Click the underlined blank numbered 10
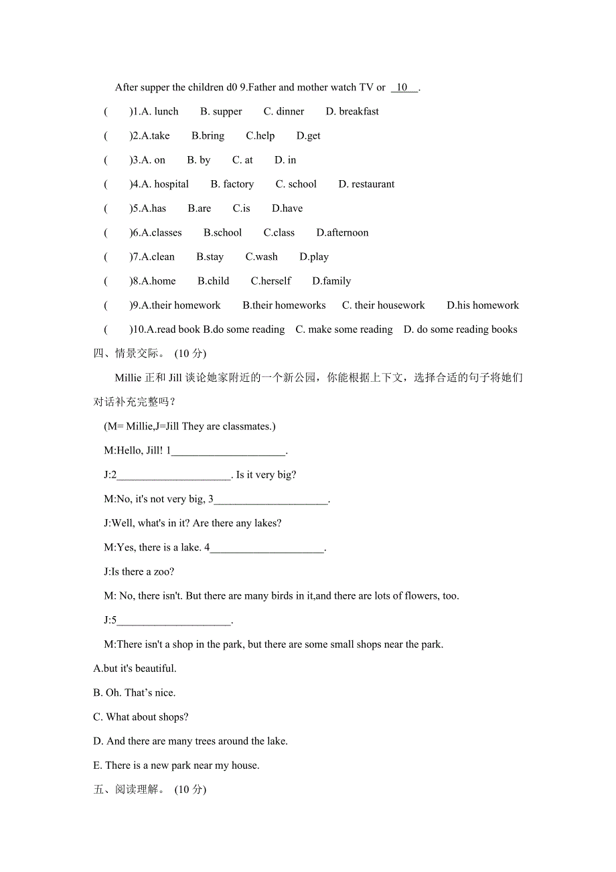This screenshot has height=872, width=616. [404, 88]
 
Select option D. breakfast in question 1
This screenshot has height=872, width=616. [352, 112]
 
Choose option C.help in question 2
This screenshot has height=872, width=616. [260, 136]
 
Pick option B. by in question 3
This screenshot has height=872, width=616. [199, 160]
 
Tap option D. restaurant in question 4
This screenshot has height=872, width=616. [366, 184]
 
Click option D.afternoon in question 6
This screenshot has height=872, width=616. [342, 233]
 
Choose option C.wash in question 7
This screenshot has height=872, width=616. [261, 257]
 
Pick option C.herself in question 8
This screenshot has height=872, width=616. [271, 281]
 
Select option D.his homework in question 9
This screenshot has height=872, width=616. [483, 305]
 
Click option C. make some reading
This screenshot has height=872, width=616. [343, 330]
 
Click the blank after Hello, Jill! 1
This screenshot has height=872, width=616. [228, 451]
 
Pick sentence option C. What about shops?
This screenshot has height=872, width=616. [141, 717]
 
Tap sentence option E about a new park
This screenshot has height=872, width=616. [176, 766]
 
